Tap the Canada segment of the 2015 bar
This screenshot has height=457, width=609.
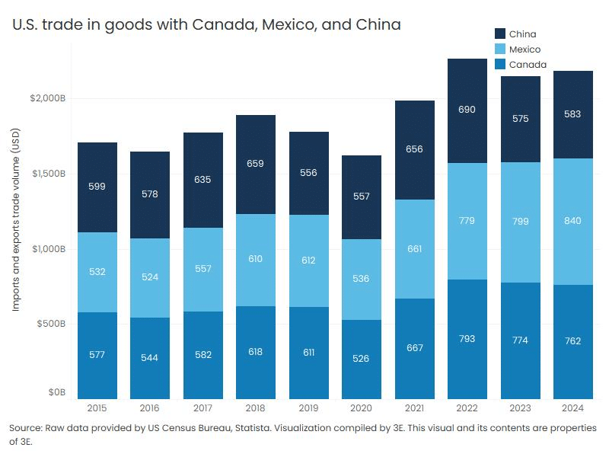97,355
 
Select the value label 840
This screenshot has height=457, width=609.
573,221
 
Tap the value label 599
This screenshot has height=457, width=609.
97,186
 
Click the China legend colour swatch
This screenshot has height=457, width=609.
500,34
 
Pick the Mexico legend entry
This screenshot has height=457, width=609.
525,50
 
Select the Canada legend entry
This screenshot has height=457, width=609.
527,65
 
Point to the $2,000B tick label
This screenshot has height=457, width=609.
48,99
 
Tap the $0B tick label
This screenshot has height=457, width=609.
58,393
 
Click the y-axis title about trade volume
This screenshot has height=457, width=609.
16,229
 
